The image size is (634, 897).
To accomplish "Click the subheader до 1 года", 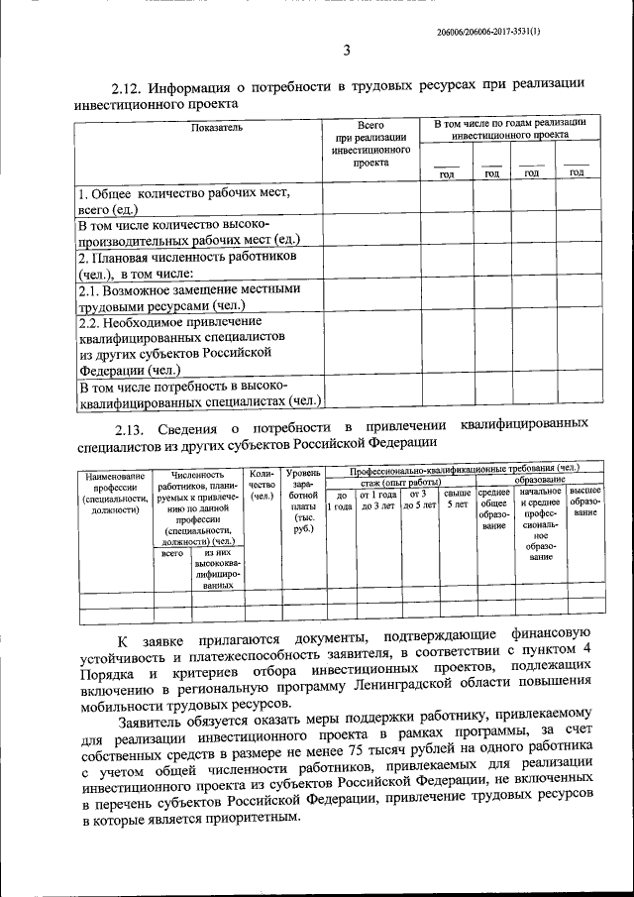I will tap(341, 500).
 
